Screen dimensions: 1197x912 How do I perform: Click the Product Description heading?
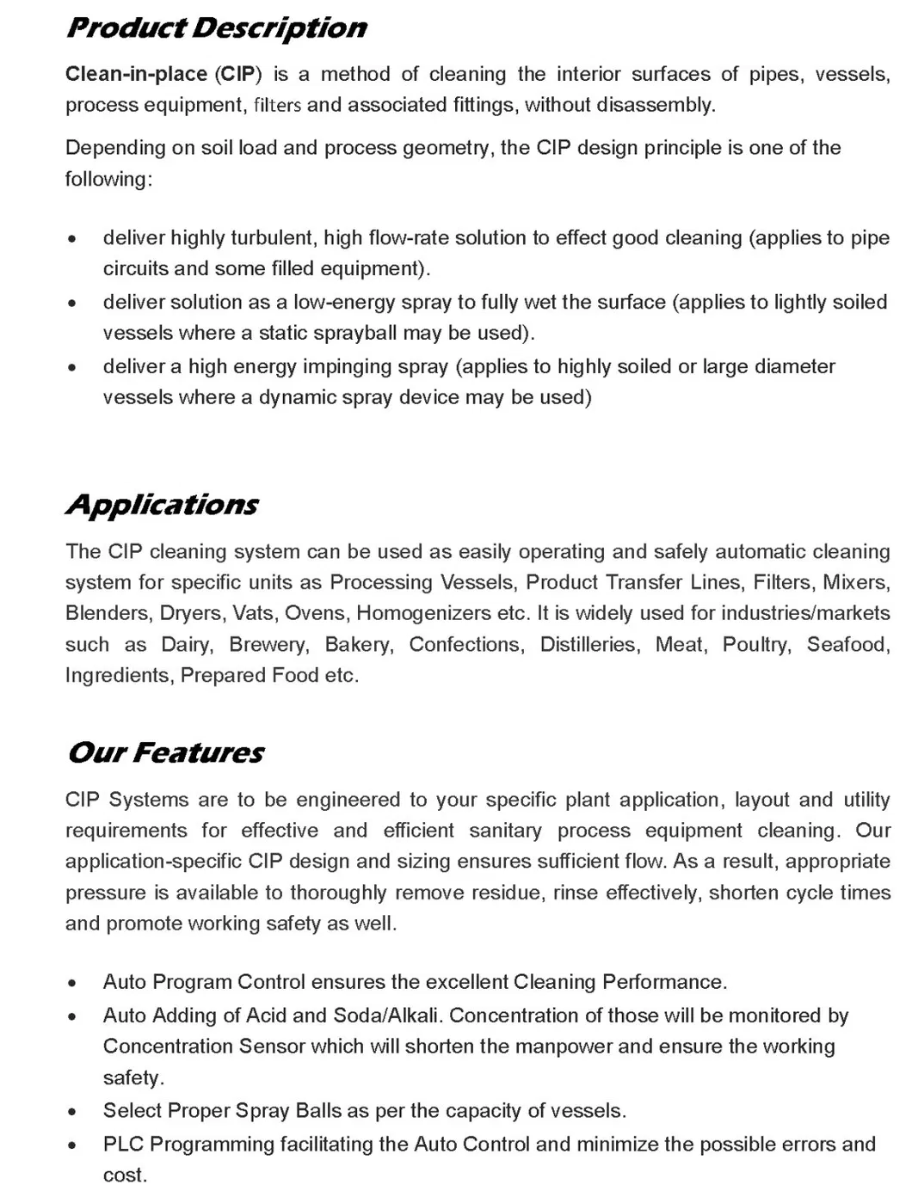click(x=216, y=28)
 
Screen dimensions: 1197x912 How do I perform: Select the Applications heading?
click(x=162, y=504)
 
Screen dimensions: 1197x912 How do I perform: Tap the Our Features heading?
click(x=165, y=752)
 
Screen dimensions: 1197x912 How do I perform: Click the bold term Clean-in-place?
click(x=136, y=74)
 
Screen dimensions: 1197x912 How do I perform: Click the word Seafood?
click(x=847, y=645)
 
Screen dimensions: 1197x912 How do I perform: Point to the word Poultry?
click(x=756, y=645)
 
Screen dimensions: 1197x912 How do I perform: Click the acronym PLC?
click(x=123, y=1145)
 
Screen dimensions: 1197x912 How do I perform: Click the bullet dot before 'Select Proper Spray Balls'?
click(x=75, y=1112)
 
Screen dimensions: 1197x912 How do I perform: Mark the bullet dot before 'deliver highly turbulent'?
click(x=75, y=239)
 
